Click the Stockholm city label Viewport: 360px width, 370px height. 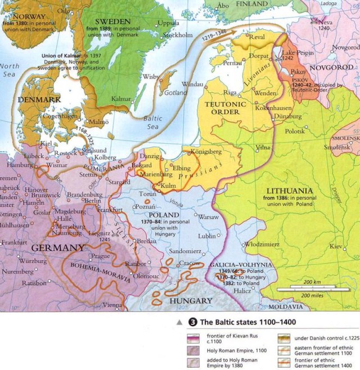(177, 34)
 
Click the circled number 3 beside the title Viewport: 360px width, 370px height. (193, 322)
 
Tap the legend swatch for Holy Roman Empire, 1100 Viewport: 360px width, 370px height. (194, 350)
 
